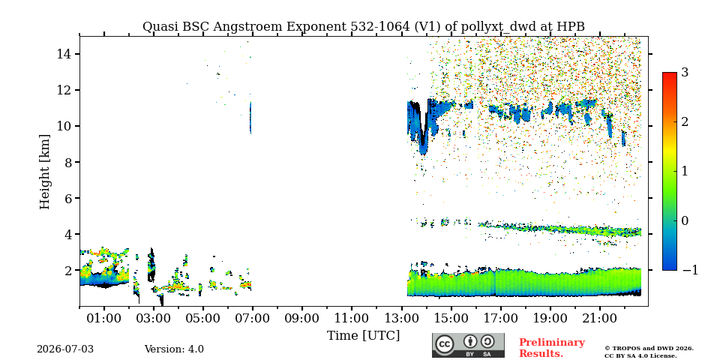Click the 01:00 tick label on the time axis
pos(104,318)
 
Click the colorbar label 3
pos(685,73)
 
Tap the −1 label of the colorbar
pos(690,270)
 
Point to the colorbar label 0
pos(685,220)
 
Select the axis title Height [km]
pos(44,172)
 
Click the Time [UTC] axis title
pos(363,336)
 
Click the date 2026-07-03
pos(65,349)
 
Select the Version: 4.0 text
pos(174,349)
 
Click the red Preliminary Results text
pos(552,347)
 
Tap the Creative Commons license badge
pos(468,345)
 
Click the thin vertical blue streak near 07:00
pos(250,118)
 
